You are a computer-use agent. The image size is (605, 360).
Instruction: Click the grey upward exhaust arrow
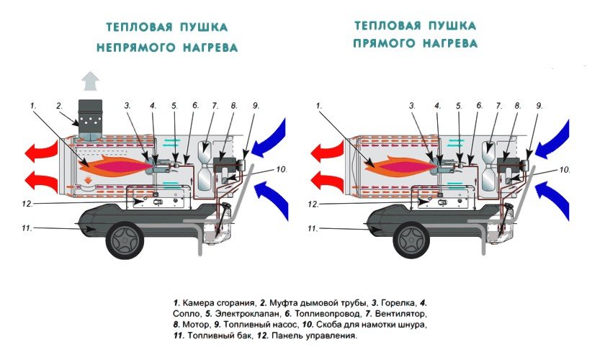[90, 78]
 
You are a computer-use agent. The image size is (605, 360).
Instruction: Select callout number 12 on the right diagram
[313, 204]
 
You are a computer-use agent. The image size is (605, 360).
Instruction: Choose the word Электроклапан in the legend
[222, 314]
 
